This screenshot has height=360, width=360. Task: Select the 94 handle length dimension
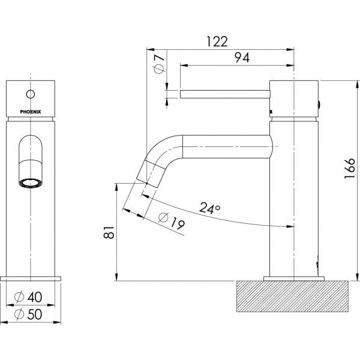point(242,58)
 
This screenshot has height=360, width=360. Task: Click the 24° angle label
point(209,208)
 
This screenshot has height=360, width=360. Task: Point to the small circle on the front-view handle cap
point(32,94)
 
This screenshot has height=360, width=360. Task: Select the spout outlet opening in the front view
point(31,181)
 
